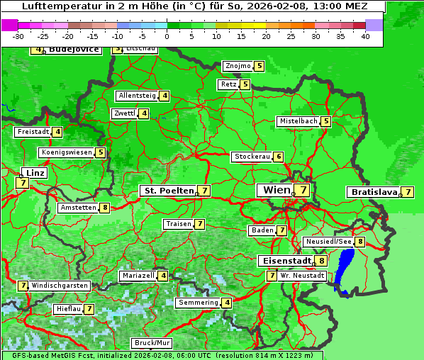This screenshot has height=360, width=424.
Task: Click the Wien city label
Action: coord(277,190)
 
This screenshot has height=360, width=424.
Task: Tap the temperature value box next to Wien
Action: coord(303,190)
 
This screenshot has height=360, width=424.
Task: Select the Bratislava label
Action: coord(373,192)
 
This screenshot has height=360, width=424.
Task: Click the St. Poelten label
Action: coord(169,191)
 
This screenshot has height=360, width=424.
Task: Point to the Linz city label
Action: coord(34,173)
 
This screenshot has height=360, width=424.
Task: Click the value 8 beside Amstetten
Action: coord(105,208)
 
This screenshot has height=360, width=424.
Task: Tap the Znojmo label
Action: coord(238,66)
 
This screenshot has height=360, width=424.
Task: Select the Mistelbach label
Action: coord(299,121)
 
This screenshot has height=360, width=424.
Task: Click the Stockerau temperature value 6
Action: coord(279,157)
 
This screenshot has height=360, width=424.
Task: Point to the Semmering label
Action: coord(199,303)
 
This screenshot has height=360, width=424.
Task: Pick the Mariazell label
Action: coord(138,275)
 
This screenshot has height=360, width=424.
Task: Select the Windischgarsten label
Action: coord(60,286)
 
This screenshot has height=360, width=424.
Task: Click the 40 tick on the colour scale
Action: coord(365,36)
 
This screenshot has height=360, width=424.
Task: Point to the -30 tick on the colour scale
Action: coord(18,36)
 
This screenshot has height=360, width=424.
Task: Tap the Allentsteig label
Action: coord(138,96)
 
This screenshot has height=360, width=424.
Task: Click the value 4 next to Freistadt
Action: coord(57,132)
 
